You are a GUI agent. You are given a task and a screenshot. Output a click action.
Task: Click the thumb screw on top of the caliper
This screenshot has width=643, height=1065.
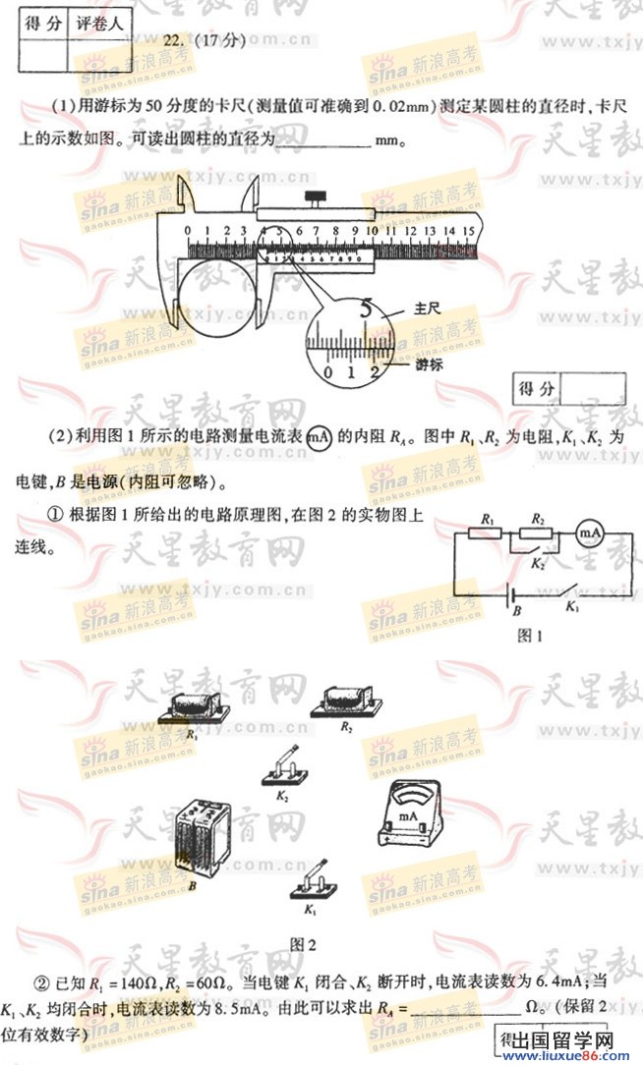(x=318, y=200)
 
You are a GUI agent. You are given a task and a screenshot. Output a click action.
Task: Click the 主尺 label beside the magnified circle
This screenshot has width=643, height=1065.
(x=427, y=308)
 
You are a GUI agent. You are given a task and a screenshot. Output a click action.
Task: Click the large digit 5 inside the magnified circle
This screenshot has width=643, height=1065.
(x=367, y=307)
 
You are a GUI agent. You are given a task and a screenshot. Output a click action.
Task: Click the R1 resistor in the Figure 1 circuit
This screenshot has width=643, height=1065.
(x=486, y=532)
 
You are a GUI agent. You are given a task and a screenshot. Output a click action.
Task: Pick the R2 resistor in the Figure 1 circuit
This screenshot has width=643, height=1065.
(x=537, y=532)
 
